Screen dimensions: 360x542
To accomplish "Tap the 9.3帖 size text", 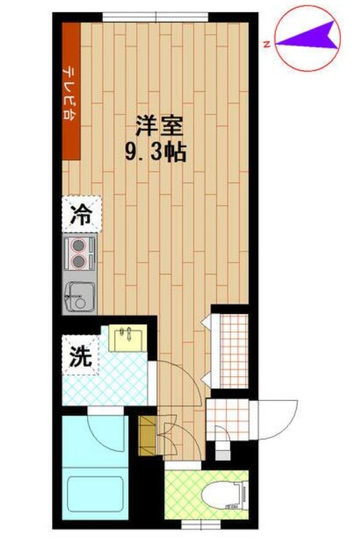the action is pyautogui.click(x=156, y=152).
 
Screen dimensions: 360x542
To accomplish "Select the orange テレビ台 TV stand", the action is pyautogui.click(x=71, y=91).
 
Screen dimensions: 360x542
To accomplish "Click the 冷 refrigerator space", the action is pyautogui.click(x=82, y=214).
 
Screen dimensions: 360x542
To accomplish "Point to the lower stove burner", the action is pyautogui.click(x=79, y=262).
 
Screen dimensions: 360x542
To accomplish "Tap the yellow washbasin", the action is pyautogui.click(x=127, y=338).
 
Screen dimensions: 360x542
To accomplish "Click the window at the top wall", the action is pyautogui.click(x=156, y=17).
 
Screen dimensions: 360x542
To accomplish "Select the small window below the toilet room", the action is pyautogui.click(x=201, y=524).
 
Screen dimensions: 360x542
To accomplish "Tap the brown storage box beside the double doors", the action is pyautogui.click(x=147, y=435).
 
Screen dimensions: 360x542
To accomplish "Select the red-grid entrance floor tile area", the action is pyautogui.click(x=227, y=420).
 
